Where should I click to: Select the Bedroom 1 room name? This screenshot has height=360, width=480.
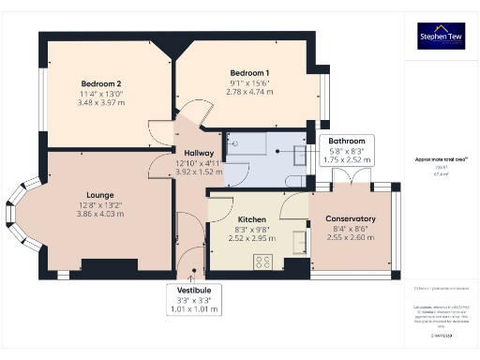click(x=249, y=73)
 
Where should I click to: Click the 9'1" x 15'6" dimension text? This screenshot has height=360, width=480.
click(x=249, y=83)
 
